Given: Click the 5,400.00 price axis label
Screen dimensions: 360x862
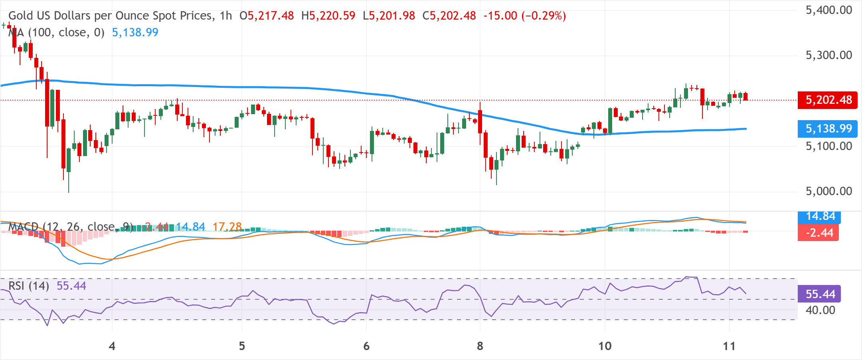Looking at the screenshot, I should pos(829,10).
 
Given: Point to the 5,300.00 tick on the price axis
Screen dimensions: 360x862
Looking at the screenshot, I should pos(829,55).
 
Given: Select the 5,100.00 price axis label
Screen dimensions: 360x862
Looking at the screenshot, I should pos(829,146).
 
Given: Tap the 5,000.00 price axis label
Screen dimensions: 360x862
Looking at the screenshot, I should pos(829,191).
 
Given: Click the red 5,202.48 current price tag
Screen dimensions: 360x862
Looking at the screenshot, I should pos(827,100).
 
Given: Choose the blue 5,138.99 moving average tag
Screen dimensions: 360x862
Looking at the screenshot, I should pos(827,129).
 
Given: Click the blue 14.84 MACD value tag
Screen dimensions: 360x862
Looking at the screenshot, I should pos(820,216).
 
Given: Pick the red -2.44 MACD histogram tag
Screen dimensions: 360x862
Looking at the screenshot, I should pos(818,233).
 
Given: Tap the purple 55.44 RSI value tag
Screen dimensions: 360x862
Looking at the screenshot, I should pos(820,294).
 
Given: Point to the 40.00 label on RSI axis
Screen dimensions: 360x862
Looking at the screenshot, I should pos(820,310).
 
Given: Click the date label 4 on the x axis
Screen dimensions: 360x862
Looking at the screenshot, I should pos(112,346).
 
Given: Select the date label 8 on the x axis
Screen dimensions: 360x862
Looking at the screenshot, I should pos(480,346).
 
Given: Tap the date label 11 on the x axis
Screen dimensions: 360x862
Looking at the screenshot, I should pos(729,346).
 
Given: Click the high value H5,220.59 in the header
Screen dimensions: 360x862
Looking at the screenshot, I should pos(328,16).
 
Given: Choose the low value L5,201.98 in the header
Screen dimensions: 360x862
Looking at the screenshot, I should pos(389,16).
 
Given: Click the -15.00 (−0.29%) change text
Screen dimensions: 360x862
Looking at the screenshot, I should pos(524,16).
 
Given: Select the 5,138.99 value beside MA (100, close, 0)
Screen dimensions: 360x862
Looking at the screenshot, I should pos(135,33).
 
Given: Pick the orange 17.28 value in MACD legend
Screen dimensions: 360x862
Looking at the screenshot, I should pos(227,227).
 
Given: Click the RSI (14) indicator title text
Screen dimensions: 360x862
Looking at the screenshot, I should pos(29,286).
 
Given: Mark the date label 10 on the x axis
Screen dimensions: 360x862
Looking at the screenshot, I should pos(605,346).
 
